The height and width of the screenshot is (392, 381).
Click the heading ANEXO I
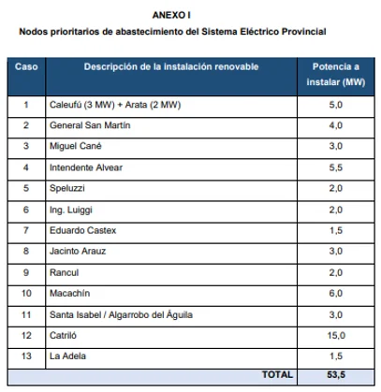[x=171, y=15]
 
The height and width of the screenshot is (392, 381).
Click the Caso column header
[x=26, y=66]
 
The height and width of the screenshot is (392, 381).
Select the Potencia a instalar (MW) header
[x=336, y=75]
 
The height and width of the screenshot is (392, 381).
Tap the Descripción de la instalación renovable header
[x=171, y=66]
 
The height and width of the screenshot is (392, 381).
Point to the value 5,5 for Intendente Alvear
[x=336, y=167]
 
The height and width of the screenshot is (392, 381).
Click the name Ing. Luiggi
[x=71, y=210]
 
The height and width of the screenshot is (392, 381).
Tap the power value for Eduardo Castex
[x=336, y=230]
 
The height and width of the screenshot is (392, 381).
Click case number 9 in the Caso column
[x=26, y=272]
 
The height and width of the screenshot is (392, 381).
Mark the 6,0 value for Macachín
[x=336, y=293]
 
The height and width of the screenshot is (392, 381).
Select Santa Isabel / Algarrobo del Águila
[x=121, y=314]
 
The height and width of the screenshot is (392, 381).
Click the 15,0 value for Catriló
[x=336, y=335]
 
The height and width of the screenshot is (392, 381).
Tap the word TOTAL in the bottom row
[x=277, y=374]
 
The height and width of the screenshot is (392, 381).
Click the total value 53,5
[x=336, y=374]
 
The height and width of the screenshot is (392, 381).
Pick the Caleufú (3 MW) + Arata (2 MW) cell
[x=115, y=105]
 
